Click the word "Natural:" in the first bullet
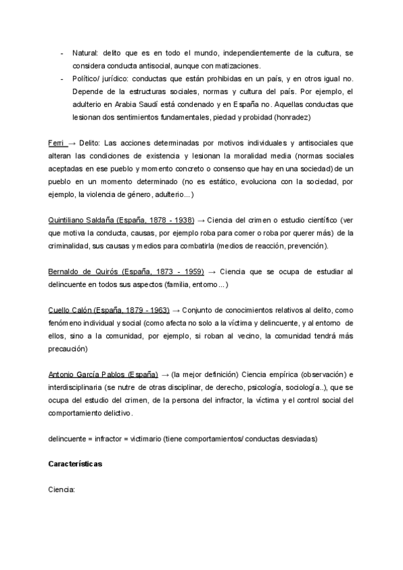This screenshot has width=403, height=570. click(x=85, y=52)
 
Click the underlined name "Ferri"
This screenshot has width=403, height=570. click(x=56, y=143)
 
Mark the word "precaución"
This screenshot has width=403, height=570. click(x=68, y=350)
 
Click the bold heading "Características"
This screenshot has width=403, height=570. click(x=76, y=464)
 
